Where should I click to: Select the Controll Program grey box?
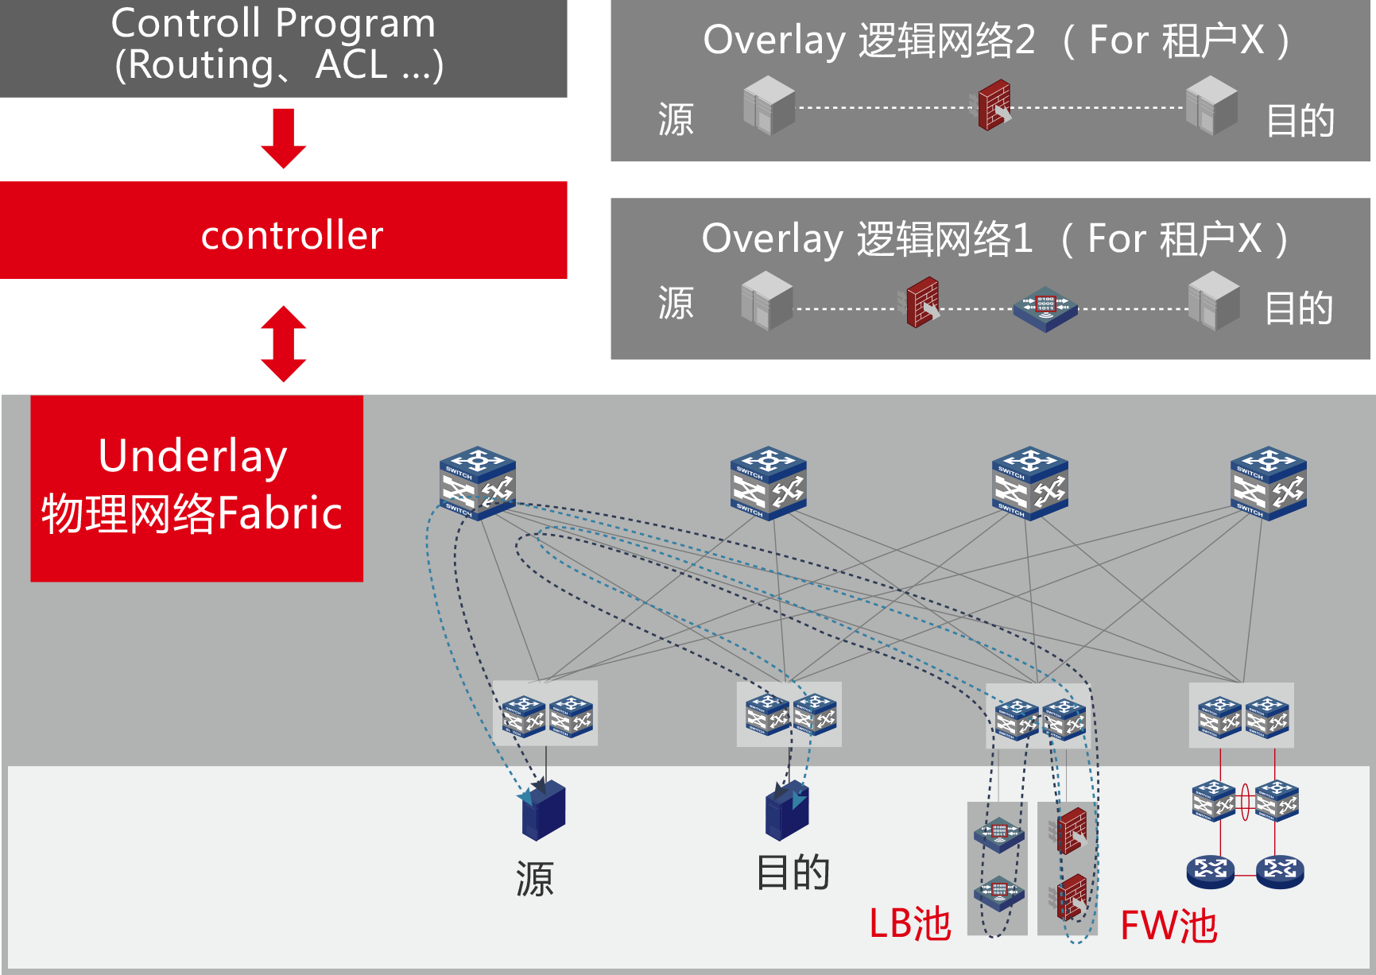[x=284, y=48]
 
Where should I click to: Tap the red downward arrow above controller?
[x=284, y=138]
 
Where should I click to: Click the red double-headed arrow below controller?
[x=284, y=343]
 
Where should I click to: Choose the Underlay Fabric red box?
[x=196, y=488]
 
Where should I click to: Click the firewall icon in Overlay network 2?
[x=994, y=105]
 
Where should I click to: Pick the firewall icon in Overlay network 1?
[x=923, y=303]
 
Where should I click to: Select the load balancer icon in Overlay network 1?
[x=1045, y=309]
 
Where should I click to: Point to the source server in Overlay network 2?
[x=769, y=105]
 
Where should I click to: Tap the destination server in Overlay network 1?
[x=1214, y=301]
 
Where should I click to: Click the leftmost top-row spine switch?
[x=478, y=482]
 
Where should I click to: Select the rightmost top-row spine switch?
[x=1268, y=482]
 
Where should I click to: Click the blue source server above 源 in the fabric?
[x=544, y=811]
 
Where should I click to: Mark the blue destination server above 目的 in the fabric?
[x=787, y=811]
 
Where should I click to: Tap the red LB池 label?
[x=910, y=923]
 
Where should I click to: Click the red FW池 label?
[x=1169, y=926]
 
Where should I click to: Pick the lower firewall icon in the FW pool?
[x=1072, y=896]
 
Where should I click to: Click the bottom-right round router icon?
[x=1280, y=871]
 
